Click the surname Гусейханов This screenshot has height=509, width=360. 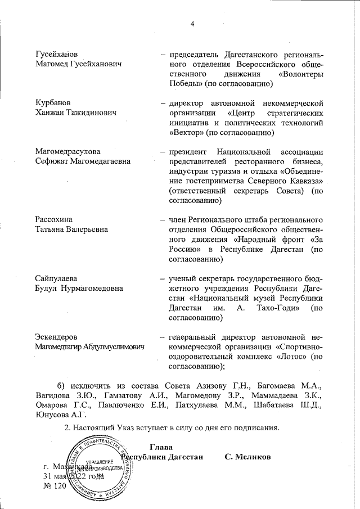tap(56, 55)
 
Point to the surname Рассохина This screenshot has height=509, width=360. tap(54, 219)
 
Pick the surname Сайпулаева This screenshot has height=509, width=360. tap(56, 278)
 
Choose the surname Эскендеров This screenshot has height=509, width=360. tap(56, 337)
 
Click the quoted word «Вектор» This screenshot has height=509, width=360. tap(186, 133)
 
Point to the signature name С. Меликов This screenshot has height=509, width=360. tap(247, 456)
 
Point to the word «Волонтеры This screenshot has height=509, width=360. tap(300, 74)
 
